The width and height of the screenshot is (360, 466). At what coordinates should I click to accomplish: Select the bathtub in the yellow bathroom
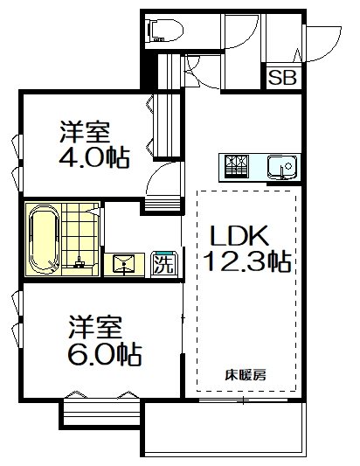point(42,239)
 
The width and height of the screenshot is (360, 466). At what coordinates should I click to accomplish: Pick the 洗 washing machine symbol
point(162,261)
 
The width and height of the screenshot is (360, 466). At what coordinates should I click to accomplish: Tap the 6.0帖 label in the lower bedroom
point(105,355)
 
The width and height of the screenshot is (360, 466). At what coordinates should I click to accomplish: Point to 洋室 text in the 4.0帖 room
point(84,133)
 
